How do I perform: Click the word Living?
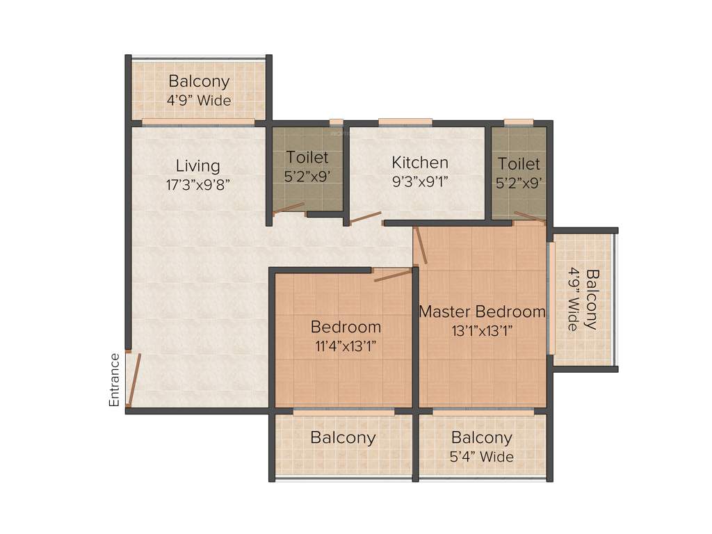tap(197, 166)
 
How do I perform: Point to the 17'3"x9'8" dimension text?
tap(197, 185)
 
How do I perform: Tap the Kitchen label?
tap(420, 163)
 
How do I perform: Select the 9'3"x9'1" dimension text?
tap(420, 182)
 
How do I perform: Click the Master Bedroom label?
tap(482, 311)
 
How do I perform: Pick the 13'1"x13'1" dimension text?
tap(482, 330)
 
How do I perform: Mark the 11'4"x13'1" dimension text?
tap(346, 346)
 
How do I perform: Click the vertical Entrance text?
tap(115, 380)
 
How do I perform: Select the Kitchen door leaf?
tap(366, 218)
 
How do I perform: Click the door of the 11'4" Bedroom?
tap(393, 275)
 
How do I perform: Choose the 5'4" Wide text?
tap(482, 457)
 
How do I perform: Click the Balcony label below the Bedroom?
tap(343, 438)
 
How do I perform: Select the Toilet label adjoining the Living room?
tap(307, 158)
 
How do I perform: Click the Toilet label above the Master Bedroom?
tap(519, 164)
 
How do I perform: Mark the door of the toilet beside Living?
tap(289, 209)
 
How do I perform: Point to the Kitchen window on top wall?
tap(405, 122)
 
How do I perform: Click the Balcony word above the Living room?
tap(199, 81)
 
